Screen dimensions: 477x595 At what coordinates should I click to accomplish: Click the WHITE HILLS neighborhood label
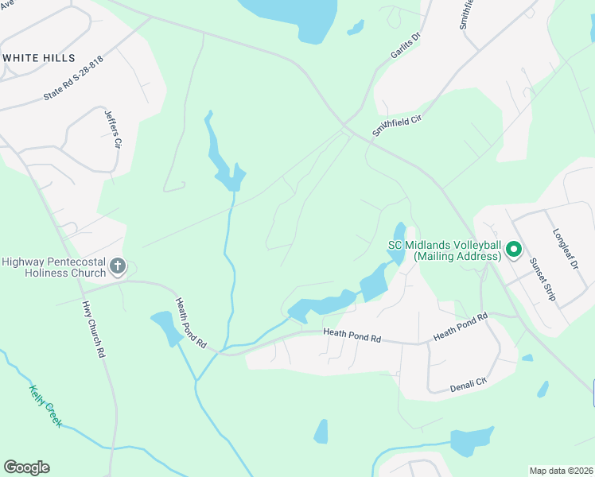tap(40, 58)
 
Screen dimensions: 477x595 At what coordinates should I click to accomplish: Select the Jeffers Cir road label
tap(112, 130)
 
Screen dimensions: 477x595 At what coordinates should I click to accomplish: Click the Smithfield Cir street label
tap(395, 123)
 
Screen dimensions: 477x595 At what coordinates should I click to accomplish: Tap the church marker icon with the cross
tap(117, 266)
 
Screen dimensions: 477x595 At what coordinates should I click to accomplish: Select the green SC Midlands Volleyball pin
tap(513, 250)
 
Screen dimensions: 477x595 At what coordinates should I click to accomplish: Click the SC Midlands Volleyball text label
tap(445, 250)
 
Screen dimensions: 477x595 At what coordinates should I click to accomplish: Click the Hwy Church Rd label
tap(93, 330)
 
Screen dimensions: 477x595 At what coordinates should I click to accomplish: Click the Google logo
tap(26, 467)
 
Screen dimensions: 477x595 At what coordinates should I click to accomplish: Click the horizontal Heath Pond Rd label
tap(352, 337)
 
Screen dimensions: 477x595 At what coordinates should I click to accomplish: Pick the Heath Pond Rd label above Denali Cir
tap(460, 328)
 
